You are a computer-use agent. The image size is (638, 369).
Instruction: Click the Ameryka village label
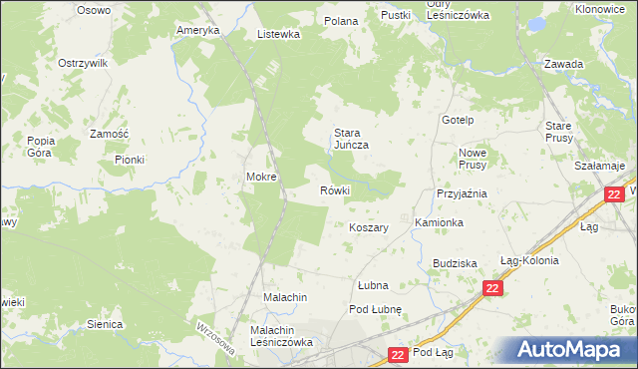click(197, 31)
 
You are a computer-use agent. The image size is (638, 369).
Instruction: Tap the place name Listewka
click(278, 34)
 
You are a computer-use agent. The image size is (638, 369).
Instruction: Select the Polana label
click(341, 20)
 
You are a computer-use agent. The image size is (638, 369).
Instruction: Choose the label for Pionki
click(130, 160)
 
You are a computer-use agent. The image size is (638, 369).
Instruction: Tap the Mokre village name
click(261, 178)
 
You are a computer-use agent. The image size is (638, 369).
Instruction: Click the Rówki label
click(334, 190)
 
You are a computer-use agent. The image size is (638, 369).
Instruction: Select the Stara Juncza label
click(352, 139)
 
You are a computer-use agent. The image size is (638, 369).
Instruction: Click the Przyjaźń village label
click(461, 194)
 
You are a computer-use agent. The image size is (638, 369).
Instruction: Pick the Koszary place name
click(369, 227)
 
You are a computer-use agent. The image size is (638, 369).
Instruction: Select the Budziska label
click(455, 263)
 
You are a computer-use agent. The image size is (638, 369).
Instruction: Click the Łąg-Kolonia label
click(529, 260)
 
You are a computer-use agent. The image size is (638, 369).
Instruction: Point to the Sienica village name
click(105, 324)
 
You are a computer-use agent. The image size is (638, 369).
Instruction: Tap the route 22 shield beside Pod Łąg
click(398, 354)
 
